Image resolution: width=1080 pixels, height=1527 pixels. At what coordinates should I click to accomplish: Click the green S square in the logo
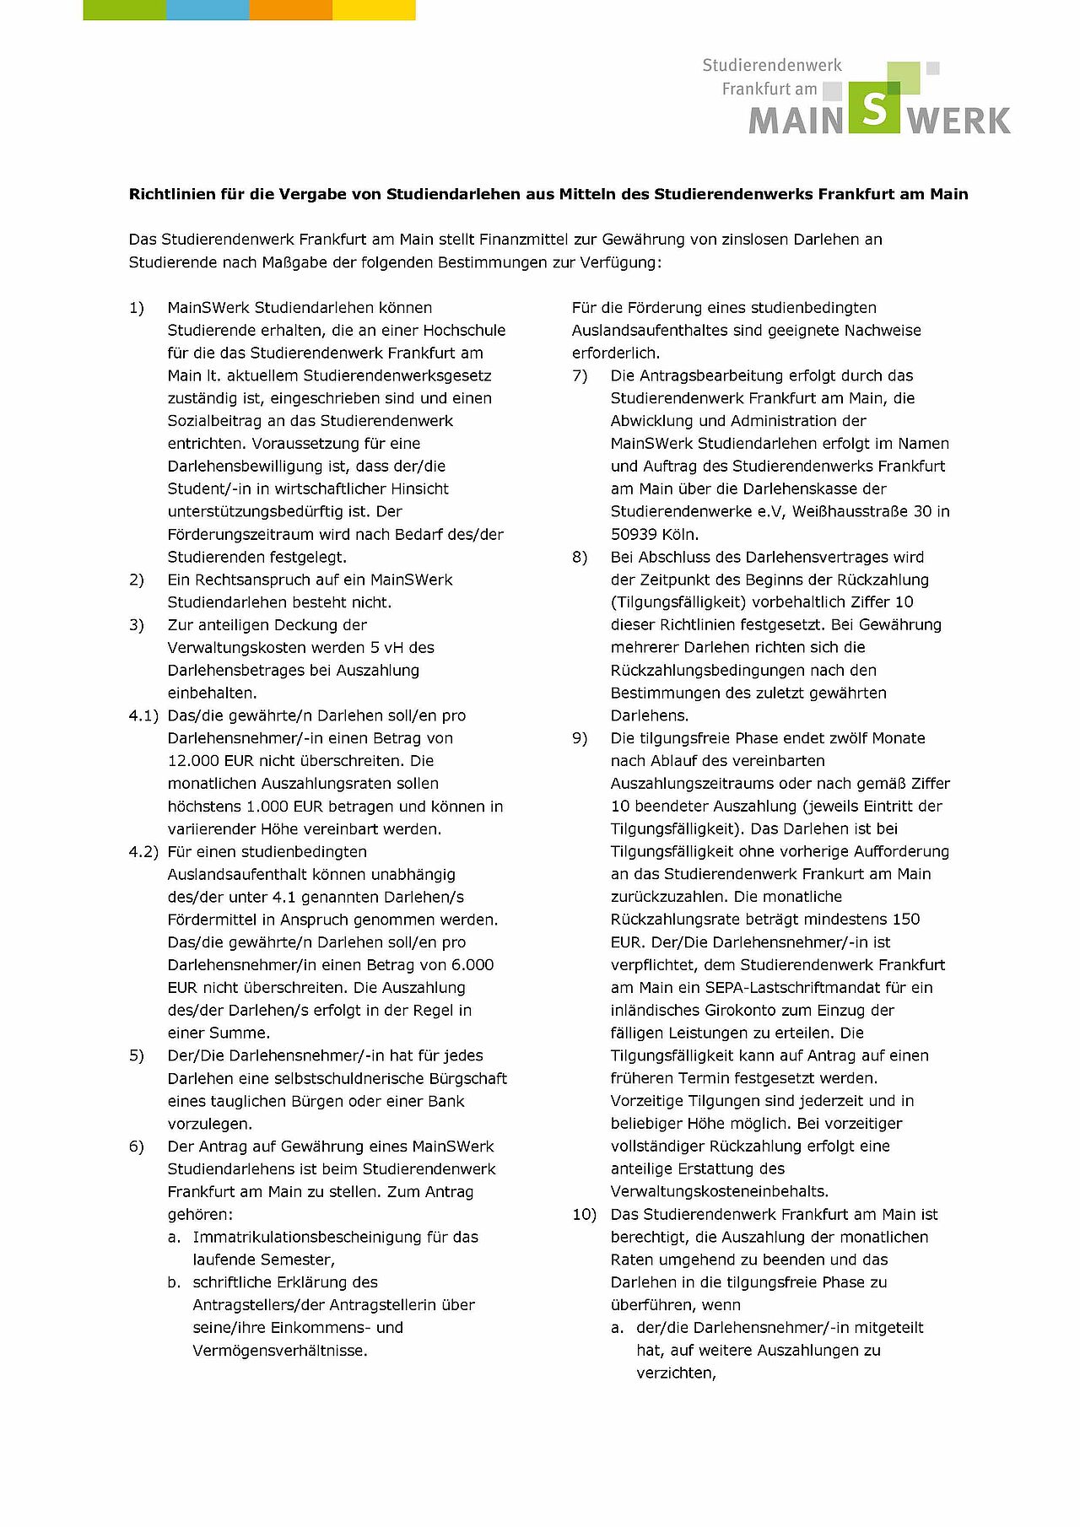[874, 108]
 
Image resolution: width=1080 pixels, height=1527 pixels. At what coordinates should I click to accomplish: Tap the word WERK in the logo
[959, 121]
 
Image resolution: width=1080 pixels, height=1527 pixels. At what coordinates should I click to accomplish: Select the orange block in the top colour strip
[290, 10]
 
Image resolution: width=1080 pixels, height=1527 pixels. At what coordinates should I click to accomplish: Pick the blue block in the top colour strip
[208, 10]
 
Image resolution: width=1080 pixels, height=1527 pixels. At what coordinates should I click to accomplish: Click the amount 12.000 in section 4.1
[194, 761]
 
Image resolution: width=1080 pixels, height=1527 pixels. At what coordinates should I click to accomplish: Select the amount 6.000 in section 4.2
[472, 965]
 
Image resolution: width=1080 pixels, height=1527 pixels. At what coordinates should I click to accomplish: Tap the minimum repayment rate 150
[905, 920]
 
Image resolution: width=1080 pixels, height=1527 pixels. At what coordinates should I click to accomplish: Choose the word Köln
[680, 535]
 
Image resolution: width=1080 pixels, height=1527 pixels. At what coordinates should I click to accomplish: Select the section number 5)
[137, 1056]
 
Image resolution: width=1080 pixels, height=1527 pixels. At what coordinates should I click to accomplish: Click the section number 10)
[584, 1215]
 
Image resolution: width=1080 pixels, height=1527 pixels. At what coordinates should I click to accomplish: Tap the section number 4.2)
[143, 852]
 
